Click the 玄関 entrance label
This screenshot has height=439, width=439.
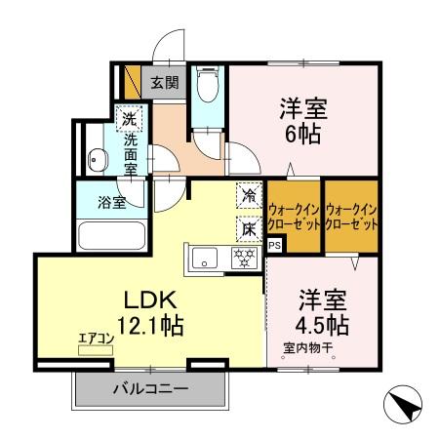[163, 82]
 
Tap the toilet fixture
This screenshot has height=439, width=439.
[206, 88]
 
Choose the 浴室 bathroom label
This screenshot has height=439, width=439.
[110, 204]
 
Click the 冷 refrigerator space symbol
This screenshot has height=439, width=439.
[250, 195]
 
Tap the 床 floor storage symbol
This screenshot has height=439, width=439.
[250, 228]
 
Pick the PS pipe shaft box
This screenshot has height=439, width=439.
[274, 245]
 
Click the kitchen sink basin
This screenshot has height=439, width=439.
[206, 258]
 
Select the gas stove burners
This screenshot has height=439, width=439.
[243, 258]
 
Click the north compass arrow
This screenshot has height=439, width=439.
[403, 403]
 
